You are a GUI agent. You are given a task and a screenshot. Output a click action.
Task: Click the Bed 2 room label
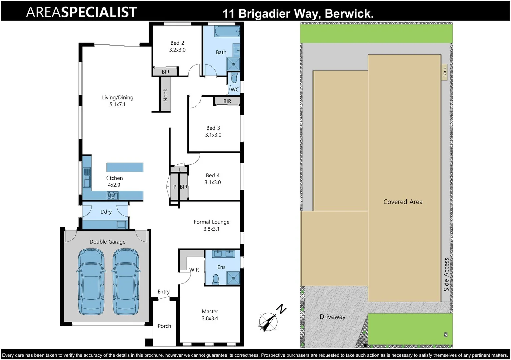pos(177,43)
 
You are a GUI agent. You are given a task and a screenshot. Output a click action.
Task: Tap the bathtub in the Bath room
pos(227,32)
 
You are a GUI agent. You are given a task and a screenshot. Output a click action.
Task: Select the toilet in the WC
pos(234,78)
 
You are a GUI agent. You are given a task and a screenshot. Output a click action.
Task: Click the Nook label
pos(165,95)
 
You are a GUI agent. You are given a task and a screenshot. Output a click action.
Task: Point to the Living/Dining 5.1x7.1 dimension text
pos(117,105)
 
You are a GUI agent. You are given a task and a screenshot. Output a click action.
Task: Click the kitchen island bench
pos(125,167)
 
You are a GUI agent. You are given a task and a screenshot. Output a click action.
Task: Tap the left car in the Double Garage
pos(91,282)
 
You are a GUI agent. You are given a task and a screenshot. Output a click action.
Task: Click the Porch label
pos(164,326)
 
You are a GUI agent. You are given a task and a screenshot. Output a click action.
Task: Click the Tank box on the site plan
pos(444,72)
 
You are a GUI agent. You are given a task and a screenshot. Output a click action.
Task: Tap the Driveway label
pos(332,317)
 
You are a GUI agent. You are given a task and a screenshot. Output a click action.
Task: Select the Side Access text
pos(446,274)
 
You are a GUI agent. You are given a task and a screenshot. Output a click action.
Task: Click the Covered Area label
pos(403,202)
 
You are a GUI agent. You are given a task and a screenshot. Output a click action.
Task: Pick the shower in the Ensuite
pos(233,278)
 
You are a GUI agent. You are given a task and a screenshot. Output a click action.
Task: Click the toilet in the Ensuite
pos(216,279)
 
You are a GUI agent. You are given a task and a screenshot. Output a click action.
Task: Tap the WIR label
pos(194,270)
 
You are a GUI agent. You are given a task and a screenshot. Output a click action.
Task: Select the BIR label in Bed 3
pos(227,101)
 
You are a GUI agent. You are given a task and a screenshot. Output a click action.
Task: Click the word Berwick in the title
pos(349,14)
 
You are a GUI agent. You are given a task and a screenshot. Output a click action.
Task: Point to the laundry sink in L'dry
pos(121,225)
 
